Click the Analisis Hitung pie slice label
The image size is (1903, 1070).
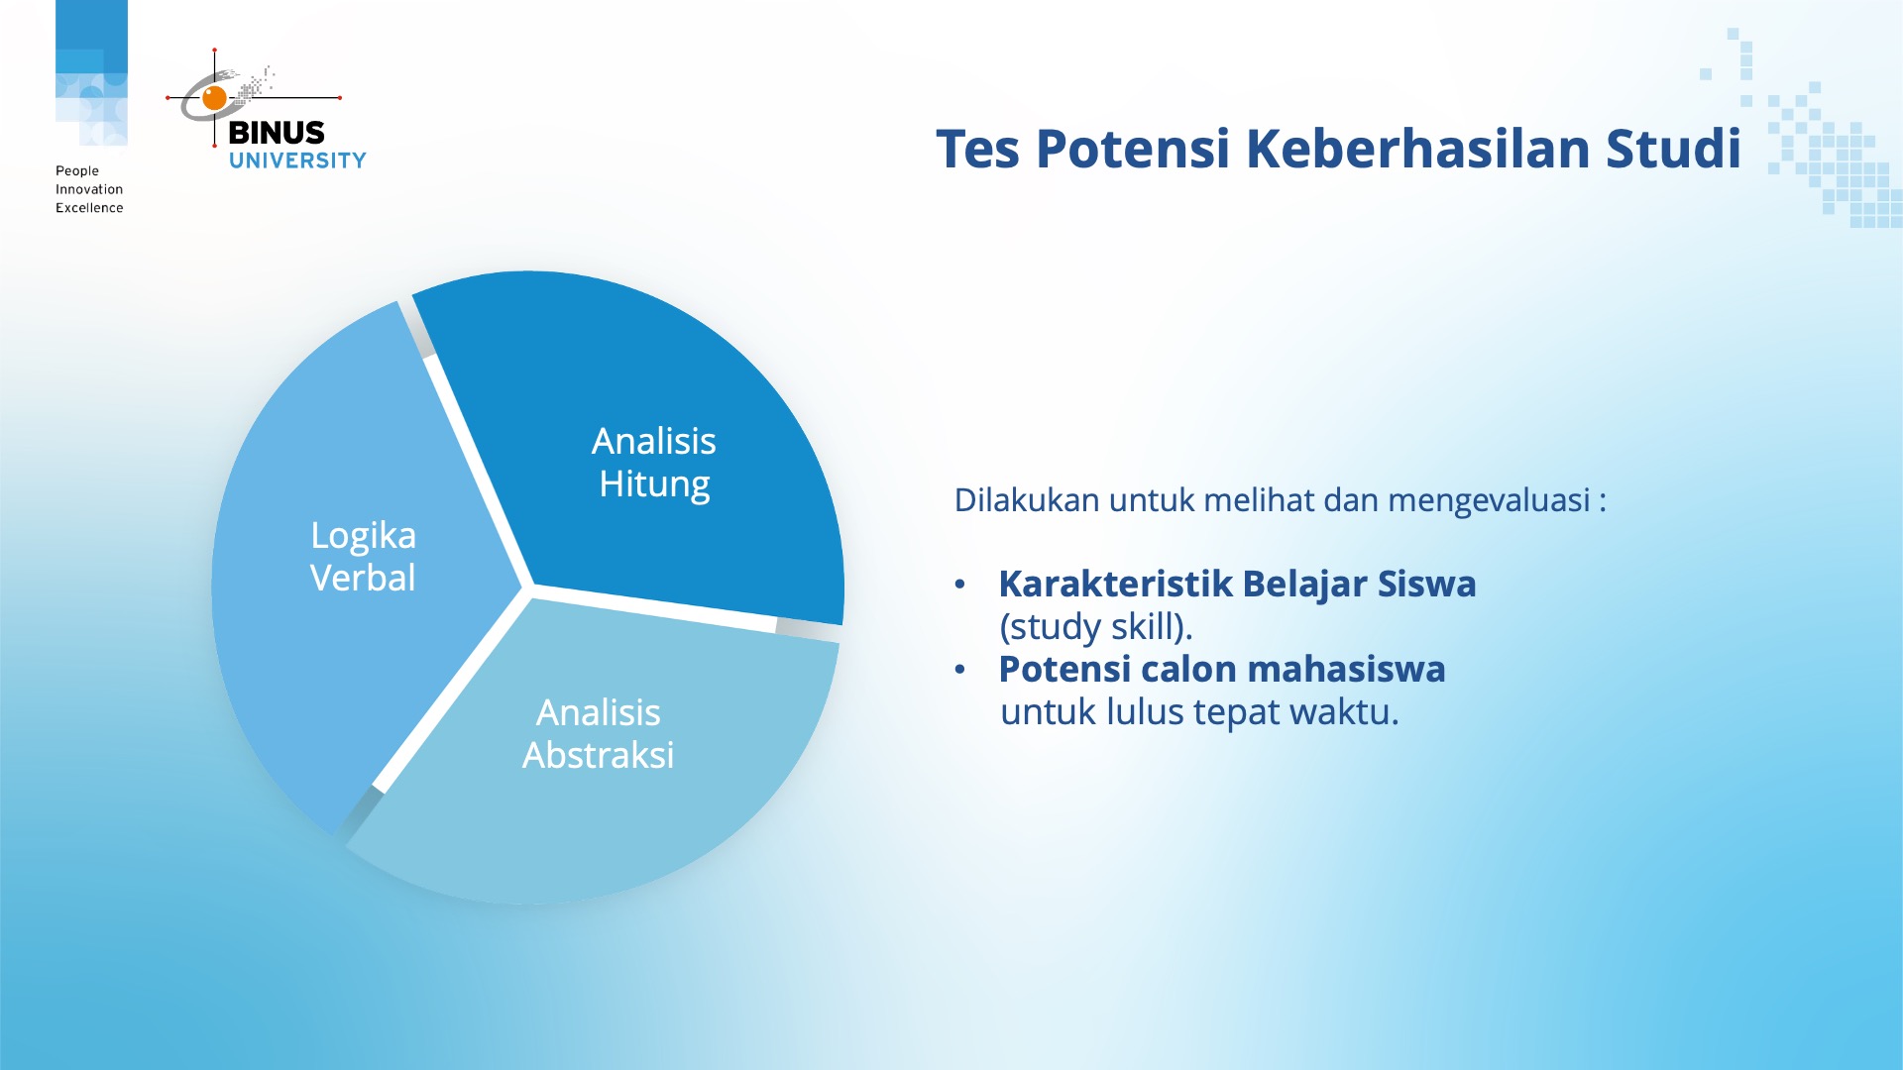[x=654, y=463]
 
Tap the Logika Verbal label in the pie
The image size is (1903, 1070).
[x=363, y=556]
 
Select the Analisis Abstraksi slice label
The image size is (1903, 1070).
[x=599, y=734]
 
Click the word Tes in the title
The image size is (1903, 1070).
[x=977, y=149]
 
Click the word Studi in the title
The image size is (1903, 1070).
[x=1673, y=149]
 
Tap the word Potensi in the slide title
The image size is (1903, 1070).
[x=1132, y=151]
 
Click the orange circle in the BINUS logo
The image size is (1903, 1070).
[x=214, y=97]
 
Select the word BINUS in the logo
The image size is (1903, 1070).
[x=277, y=133]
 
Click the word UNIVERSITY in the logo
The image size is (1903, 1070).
[x=297, y=160]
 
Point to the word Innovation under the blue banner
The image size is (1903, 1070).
[x=89, y=189]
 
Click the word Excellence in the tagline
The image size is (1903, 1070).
[x=89, y=208]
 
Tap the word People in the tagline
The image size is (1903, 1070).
[x=77, y=170]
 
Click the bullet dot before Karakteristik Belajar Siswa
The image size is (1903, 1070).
[x=959, y=585]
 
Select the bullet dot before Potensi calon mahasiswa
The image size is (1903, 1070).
[x=959, y=670]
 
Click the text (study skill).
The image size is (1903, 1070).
[x=1095, y=627]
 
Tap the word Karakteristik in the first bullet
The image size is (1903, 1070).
[x=1115, y=585]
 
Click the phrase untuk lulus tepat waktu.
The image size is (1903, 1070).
[x=1199, y=712]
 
